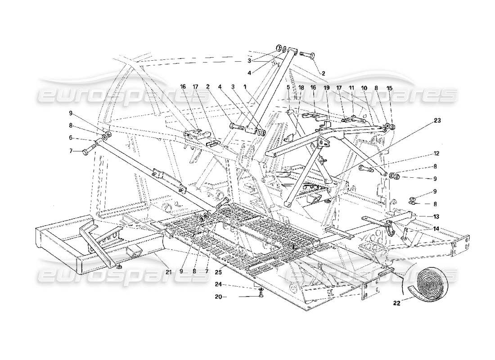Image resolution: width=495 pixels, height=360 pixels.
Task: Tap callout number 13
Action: (436, 216)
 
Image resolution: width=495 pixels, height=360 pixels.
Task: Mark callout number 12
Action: (436, 153)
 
